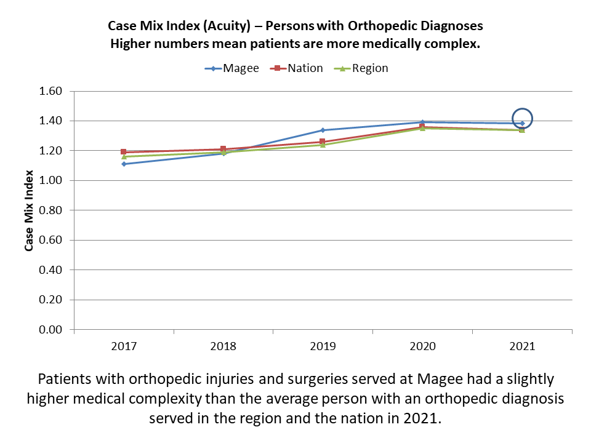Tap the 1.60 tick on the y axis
pyautogui.click(x=52, y=91)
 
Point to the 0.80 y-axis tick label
pyautogui.click(x=52, y=210)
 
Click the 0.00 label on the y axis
pyautogui.click(x=52, y=330)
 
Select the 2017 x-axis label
pyautogui.click(x=124, y=346)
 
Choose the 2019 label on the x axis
pyautogui.click(x=323, y=346)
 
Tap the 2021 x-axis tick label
pyautogui.click(x=522, y=346)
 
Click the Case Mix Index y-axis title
pyautogui.click(x=29, y=210)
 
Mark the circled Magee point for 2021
pyautogui.click(x=522, y=123)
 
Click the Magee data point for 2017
pyautogui.click(x=124, y=164)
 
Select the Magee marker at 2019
pyautogui.click(x=323, y=130)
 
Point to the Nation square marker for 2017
pyautogui.click(x=124, y=152)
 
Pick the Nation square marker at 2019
pyautogui.click(x=323, y=142)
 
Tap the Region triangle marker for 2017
pyautogui.click(x=124, y=156)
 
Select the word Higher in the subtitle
pyautogui.click(x=131, y=44)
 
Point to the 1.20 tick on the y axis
pyautogui.click(x=52, y=151)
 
